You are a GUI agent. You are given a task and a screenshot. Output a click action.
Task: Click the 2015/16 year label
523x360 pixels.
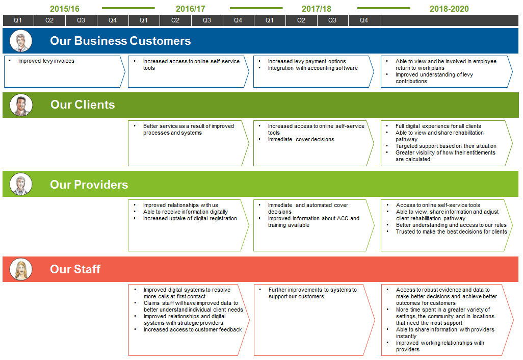[65, 9]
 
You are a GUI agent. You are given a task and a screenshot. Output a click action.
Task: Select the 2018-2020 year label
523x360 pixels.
[449, 9]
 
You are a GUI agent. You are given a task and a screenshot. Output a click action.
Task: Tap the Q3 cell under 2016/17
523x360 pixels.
[207, 20]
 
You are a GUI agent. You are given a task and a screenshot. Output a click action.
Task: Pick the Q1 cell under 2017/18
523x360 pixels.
[270, 20]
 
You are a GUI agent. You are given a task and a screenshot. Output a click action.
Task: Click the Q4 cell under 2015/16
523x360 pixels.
[113, 20]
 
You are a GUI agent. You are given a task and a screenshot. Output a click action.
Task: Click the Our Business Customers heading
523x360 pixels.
[120, 41]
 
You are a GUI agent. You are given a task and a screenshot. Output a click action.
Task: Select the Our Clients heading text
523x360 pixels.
[83, 105]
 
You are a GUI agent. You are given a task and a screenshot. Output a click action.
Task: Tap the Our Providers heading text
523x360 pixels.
[89, 185]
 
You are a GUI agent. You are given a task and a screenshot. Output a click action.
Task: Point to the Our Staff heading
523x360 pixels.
[75, 269]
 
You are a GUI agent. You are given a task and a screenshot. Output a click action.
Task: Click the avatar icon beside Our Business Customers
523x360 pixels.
[21, 41]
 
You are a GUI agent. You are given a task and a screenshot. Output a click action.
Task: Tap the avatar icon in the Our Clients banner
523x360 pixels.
[21, 105]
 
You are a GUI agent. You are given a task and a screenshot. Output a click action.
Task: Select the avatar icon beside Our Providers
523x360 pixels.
[21, 184]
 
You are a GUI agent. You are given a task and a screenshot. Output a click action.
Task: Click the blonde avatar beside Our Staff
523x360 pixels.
[21, 269]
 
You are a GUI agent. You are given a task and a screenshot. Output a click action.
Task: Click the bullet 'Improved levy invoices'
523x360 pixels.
[46, 61]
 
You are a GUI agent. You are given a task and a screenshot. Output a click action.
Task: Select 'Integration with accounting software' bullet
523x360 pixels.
[312, 68]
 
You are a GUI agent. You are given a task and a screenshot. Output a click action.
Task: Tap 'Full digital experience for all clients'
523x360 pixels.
[438, 126]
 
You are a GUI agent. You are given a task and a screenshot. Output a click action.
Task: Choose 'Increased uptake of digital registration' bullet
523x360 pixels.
[190, 218]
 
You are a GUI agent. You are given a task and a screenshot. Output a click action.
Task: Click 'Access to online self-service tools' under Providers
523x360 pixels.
[438, 205]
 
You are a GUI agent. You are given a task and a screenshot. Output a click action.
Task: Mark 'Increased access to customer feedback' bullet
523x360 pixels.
[192, 329]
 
